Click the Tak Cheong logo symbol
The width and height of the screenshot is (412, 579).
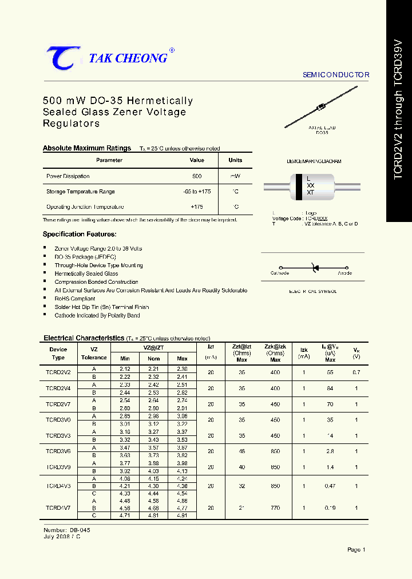pyautogui.click(x=64, y=58)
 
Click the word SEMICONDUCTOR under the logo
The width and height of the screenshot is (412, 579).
pyautogui.click(x=336, y=75)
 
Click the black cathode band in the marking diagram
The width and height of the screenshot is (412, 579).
pyautogui.click(x=299, y=187)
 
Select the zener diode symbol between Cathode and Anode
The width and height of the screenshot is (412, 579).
pyautogui.click(x=313, y=267)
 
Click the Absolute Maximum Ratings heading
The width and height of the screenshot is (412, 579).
pyautogui.click(x=87, y=148)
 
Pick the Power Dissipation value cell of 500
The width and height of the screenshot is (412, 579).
pyautogui.click(x=197, y=176)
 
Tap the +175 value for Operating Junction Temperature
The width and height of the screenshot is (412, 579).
pyautogui.click(x=197, y=207)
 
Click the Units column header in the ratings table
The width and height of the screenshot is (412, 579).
pyautogui.click(x=235, y=160)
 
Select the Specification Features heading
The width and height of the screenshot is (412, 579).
pyautogui.click(x=80, y=234)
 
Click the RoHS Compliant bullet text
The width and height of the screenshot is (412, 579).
pyautogui.click(x=75, y=299)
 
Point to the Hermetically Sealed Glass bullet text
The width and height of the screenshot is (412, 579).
pyautogui.click(x=86, y=273)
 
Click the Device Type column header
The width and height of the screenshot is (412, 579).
pyautogui.click(x=58, y=353)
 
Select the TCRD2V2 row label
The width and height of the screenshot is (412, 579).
pyautogui.click(x=58, y=372)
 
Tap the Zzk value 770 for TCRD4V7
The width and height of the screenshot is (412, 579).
pyautogui.click(x=275, y=507)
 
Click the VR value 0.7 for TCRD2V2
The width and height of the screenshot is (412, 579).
pyautogui.click(x=356, y=372)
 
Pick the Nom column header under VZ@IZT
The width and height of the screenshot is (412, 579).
pyautogui.click(x=154, y=359)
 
